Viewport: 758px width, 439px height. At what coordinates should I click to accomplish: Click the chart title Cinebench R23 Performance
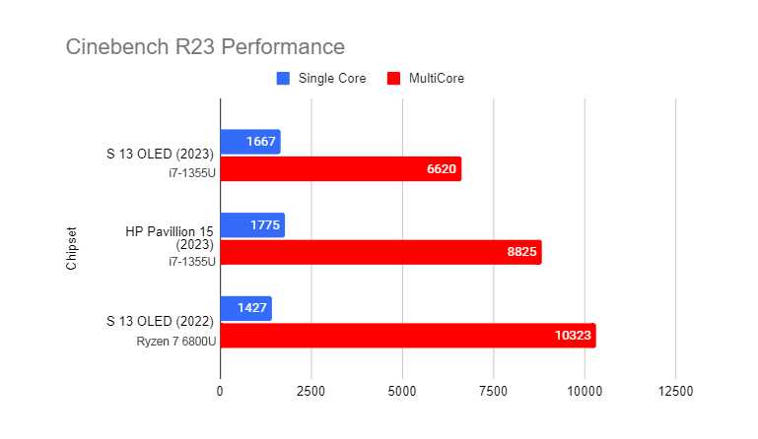tap(205, 46)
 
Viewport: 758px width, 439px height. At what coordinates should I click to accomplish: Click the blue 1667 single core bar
tap(250, 142)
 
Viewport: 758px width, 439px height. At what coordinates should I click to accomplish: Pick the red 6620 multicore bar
tap(340, 169)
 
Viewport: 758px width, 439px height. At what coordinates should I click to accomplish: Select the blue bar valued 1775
tap(252, 225)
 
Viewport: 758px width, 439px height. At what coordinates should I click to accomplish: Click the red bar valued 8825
tap(380, 253)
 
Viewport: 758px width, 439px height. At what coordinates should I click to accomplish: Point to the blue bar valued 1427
tap(245, 308)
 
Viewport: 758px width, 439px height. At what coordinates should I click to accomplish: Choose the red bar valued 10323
tap(407, 336)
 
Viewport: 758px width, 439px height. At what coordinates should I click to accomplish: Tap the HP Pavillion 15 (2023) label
tap(170, 237)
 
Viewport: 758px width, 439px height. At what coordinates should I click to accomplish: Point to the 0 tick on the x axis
tap(220, 391)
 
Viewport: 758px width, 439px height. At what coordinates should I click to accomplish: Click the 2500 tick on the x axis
tap(310, 391)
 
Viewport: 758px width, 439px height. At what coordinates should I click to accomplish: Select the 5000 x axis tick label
tap(402, 391)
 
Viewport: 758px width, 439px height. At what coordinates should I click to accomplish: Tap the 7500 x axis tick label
tap(493, 391)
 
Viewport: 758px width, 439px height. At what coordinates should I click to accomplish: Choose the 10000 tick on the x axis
tap(585, 391)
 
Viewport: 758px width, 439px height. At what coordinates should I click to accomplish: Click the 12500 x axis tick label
tap(675, 391)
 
